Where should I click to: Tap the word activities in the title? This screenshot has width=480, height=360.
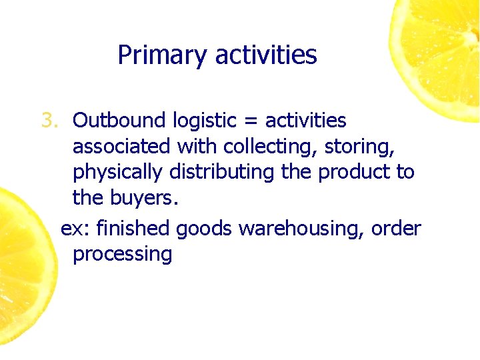(x=266, y=55)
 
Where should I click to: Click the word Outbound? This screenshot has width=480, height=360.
(x=119, y=121)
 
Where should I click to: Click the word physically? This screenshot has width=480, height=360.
(x=117, y=173)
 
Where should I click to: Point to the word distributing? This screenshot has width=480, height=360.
(x=222, y=173)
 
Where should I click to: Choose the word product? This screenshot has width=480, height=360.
(x=354, y=173)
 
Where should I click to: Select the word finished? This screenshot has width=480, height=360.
(x=133, y=229)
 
